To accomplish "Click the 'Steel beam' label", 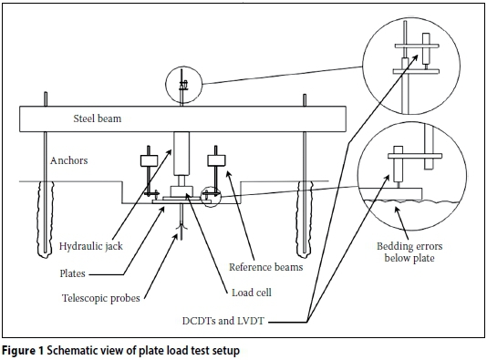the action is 98,118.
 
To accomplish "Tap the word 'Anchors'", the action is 69,160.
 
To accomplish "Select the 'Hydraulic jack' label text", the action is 91,246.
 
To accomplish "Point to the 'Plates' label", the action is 72,273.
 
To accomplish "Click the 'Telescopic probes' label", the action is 101,298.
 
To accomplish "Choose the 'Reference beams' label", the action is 266,267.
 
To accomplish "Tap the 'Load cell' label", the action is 252,293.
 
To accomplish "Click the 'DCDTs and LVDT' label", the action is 223,321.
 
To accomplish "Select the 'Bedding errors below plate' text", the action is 409,252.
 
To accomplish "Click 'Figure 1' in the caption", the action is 24,351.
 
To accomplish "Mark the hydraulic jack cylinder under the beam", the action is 181,154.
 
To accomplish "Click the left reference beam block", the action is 149,160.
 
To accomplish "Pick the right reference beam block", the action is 216,160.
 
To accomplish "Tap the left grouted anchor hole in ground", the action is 46,219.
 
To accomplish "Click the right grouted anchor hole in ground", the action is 305,219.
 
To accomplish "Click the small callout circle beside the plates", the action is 201,196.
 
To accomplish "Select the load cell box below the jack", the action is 181,190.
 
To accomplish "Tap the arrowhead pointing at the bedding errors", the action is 397,211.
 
